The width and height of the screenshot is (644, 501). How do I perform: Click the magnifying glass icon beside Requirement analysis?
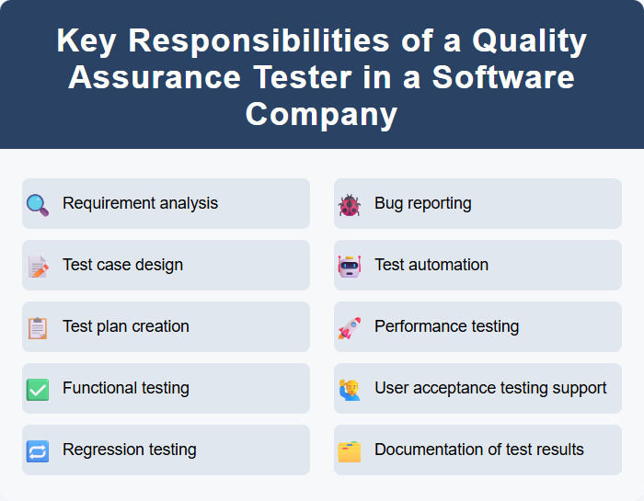click(x=38, y=204)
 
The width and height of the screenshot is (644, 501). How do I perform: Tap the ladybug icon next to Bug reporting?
click(x=350, y=204)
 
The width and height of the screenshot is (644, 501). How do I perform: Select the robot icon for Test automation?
click(x=350, y=266)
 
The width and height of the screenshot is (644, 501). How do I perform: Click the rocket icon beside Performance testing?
click(x=350, y=327)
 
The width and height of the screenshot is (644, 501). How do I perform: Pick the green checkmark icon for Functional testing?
click(x=38, y=389)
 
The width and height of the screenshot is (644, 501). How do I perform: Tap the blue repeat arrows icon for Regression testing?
click(x=38, y=450)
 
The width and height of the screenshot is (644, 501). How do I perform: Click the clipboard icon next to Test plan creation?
click(x=38, y=327)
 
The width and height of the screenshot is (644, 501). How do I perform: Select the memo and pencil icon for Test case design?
click(x=38, y=266)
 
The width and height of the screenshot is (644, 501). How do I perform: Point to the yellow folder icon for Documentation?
click(x=350, y=450)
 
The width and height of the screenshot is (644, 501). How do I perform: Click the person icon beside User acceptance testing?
click(x=350, y=389)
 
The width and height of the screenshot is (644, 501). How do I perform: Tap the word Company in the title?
click(x=321, y=114)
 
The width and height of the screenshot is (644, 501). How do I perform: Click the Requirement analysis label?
click(x=140, y=203)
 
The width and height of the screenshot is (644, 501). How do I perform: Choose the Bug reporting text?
click(x=422, y=203)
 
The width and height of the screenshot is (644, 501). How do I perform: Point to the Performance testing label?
click(x=446, y=326)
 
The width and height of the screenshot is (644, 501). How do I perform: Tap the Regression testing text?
click(x=129, y=450)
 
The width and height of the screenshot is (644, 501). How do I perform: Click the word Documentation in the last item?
click(x=429, y=450)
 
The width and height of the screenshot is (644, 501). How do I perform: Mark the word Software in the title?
click(x=503, y=77)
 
